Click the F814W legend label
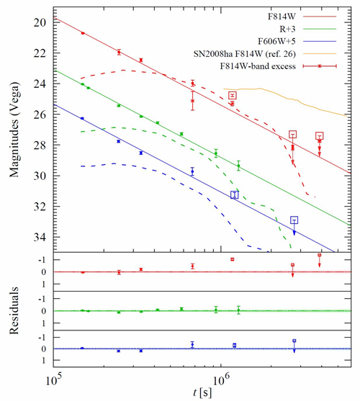(x=282, y=17)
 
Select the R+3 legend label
(x=287, y=29)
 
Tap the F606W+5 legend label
(x=276, y=42)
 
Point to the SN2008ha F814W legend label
(x=244, y=54)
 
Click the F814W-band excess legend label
(x=258, y=66)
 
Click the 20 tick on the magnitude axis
(x=40, y=22)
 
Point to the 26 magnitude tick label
(x=40, y=114)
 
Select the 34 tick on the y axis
(x=40, y=238)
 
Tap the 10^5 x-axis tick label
(x=54, y=380)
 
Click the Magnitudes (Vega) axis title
(x=14, y=130)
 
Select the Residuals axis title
(x=14, y=310)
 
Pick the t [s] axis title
(x=202, y=392)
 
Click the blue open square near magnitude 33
(x=294, y=220)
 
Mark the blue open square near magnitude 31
(x=235, y=195)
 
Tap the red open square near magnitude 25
(x=233, y=96)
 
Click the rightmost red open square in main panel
(x=320, y=136)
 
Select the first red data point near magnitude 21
(x=83, y=33)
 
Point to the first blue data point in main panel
(x=82, y=118)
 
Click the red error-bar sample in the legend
(x=320, y=66)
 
